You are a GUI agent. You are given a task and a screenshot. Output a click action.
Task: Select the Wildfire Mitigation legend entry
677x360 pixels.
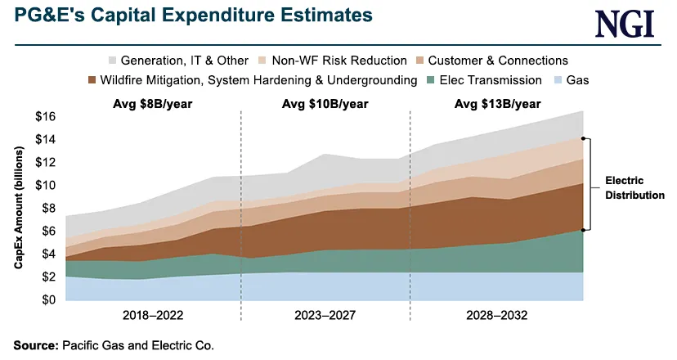[246, 80]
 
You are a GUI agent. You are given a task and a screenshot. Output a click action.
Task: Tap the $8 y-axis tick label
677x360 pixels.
[46, 209]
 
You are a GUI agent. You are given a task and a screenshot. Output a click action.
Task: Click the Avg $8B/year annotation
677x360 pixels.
[153, 104]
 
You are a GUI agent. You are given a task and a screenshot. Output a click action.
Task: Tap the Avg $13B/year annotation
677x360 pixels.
[496, 104]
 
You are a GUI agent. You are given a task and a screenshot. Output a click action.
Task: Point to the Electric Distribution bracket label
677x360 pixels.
[634, 187]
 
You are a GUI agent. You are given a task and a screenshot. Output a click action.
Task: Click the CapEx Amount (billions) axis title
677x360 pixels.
[18, 209]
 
